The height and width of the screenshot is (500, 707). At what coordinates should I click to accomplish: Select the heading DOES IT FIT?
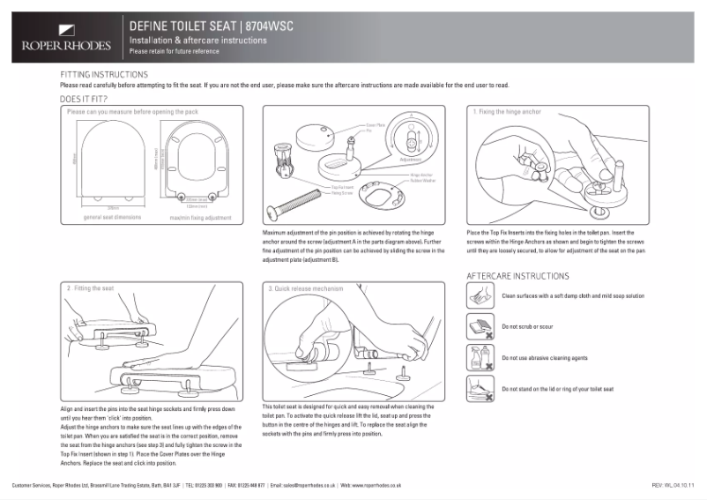(85, 100)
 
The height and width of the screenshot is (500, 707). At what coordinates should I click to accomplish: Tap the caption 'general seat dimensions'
(110, 216)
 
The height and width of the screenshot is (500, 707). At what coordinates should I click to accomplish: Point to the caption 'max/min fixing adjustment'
(200, 216)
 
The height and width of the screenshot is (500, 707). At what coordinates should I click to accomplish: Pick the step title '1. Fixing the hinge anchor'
(507, 112)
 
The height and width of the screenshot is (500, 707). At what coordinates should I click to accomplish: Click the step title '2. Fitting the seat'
(92, 288)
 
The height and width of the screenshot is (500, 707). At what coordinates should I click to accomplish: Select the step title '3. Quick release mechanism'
(305, 288)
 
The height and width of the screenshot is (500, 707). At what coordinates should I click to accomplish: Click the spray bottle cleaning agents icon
(479, 357)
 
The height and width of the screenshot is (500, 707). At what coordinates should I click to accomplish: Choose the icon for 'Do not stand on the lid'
(479, 388)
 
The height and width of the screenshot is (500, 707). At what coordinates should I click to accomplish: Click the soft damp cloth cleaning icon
(479, 296)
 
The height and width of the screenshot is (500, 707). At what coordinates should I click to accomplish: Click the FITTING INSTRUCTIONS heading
(104, 74)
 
